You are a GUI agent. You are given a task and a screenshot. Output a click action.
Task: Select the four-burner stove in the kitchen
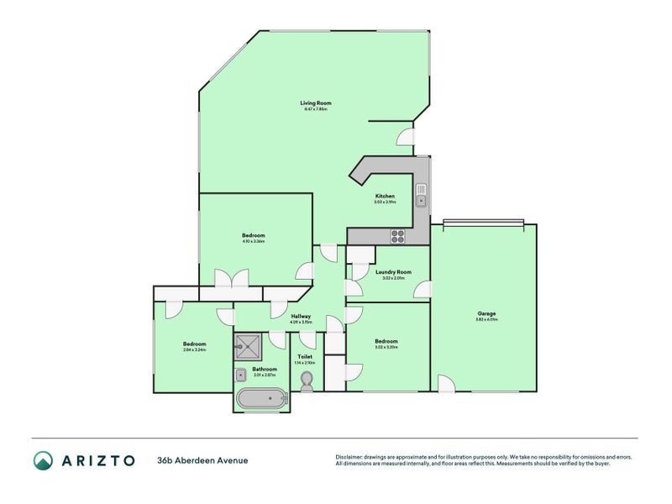tap(397, 236)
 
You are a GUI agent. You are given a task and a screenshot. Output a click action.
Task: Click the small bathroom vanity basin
tap(240, 375)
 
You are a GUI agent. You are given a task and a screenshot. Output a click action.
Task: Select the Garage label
tap(487, 314)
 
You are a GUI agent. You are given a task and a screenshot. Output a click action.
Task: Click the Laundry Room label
tap(393, 272)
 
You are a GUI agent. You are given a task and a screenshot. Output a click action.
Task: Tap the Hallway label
tap(301, 317)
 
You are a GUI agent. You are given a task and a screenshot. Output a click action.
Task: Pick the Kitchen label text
tap(385, 196)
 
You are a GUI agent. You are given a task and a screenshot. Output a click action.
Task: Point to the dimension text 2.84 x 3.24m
tap(194, 349)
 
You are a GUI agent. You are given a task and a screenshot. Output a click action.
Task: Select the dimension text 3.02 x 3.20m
tap(386, 347)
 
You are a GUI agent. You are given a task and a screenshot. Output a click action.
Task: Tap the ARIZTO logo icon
tap(43, 460)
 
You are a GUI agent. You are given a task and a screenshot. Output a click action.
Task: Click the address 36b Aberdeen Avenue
tap(202, 460)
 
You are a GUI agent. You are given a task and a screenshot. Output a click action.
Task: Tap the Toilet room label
tap(305, 357)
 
